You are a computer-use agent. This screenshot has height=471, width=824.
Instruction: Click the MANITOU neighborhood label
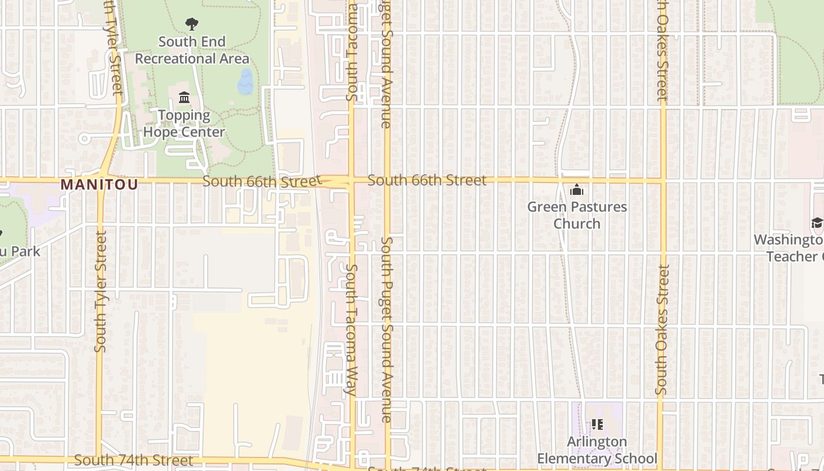99,185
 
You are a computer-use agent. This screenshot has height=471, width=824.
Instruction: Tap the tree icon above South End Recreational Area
191,24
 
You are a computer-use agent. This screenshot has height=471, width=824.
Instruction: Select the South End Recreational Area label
192,50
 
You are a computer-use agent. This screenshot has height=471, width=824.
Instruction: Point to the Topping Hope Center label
184,123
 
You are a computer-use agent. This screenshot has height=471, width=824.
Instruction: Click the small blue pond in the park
245,82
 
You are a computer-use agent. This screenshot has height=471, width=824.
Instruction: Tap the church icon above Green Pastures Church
577,190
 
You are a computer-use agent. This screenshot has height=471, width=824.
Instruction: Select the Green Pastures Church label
577,215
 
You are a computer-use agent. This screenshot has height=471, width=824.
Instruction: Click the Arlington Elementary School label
597,450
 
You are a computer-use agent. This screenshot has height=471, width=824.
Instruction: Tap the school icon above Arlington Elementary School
597,424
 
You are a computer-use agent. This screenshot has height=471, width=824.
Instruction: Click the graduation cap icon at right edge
817,223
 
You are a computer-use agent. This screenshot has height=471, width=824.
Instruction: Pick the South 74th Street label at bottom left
134,460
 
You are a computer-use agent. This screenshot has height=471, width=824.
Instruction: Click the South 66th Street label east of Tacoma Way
427,180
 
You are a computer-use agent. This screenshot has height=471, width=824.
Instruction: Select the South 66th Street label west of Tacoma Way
260,181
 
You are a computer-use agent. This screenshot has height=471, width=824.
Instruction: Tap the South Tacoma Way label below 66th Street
351,330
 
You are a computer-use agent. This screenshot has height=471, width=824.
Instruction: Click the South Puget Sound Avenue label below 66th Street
387,330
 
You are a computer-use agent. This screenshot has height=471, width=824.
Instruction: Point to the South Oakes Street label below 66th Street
663,330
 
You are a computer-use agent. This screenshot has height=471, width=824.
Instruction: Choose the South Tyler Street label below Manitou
101,291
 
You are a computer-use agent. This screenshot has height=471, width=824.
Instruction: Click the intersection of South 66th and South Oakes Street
663,180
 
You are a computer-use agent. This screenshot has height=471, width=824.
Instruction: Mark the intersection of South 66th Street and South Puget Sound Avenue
387,180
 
